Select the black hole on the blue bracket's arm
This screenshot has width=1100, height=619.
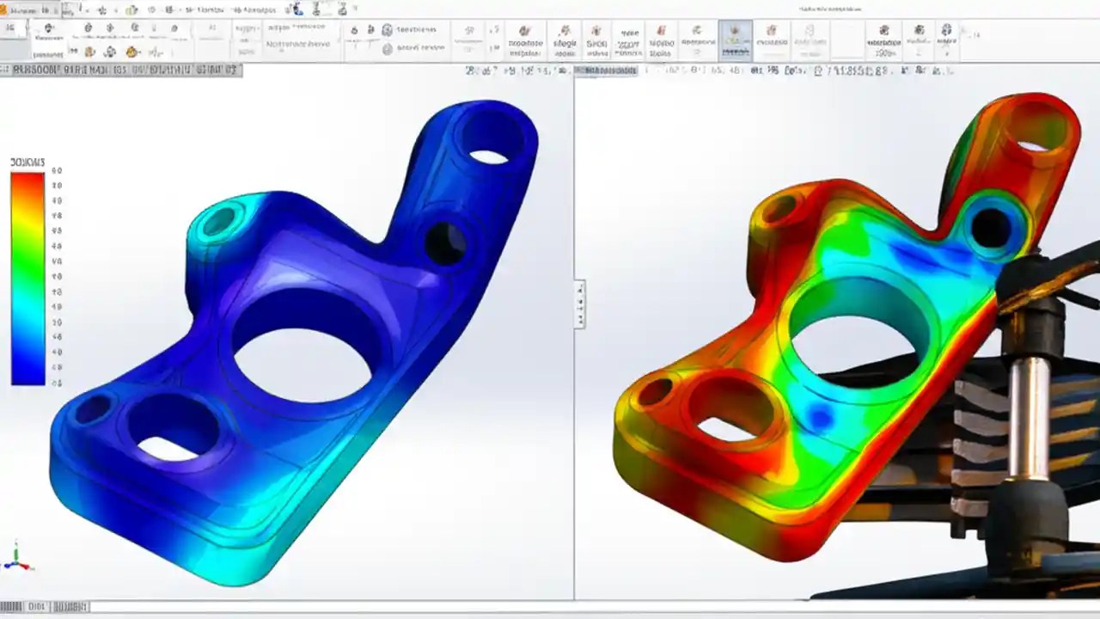[x=445, y=243]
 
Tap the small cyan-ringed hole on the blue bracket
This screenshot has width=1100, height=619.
[x=218, y=222]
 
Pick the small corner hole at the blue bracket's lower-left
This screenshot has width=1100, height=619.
[x=92, y=409]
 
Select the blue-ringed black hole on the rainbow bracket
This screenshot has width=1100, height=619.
[x=991, y=227]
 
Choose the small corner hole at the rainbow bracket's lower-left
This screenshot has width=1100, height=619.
[x=654, y=392]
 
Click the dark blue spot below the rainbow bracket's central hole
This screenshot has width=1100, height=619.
[x=822, y=418]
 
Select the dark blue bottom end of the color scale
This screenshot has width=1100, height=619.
[x=27, y=376]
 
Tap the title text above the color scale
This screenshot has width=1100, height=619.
[x=27, y=162]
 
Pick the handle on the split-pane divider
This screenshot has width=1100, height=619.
[x=580, y=303]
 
